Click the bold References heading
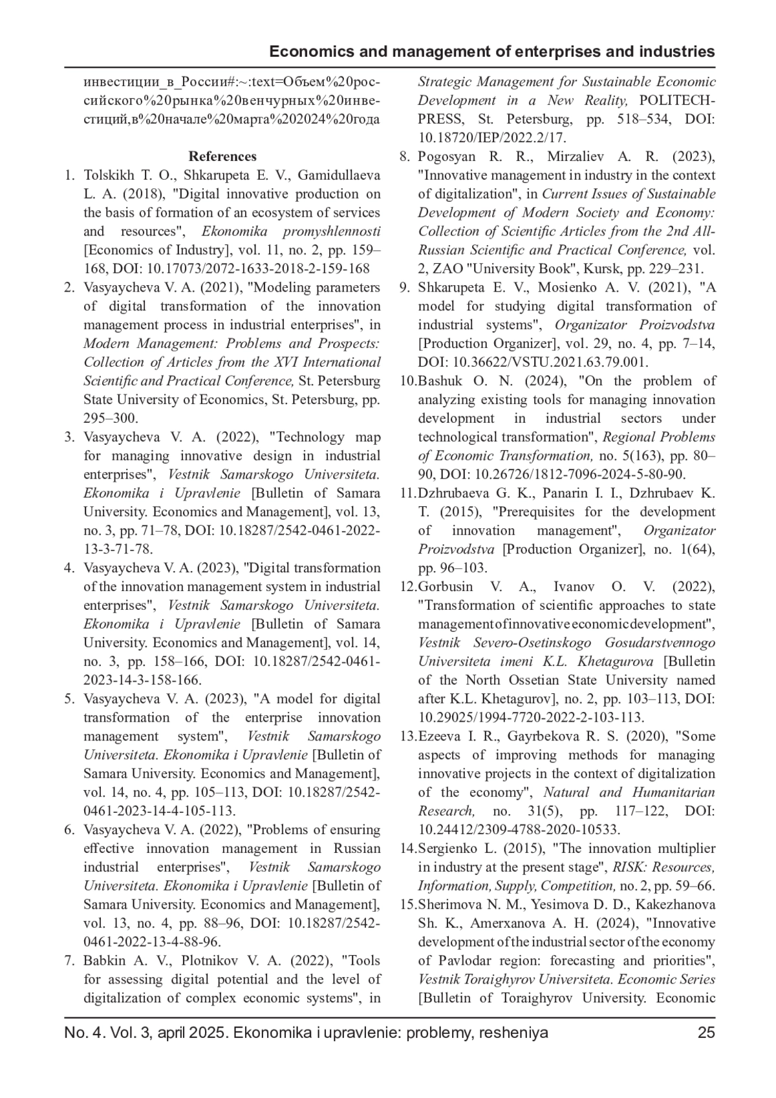click(222, 156)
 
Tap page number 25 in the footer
click(706, 1032)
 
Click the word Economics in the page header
click(310, 52)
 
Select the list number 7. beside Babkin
click(70, 961)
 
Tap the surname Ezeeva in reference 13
click(440, 736)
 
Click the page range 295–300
click(110, 418)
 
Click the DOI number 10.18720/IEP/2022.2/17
click(492, 138)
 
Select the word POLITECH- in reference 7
click(677, 101)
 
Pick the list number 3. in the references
click(70, 437)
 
